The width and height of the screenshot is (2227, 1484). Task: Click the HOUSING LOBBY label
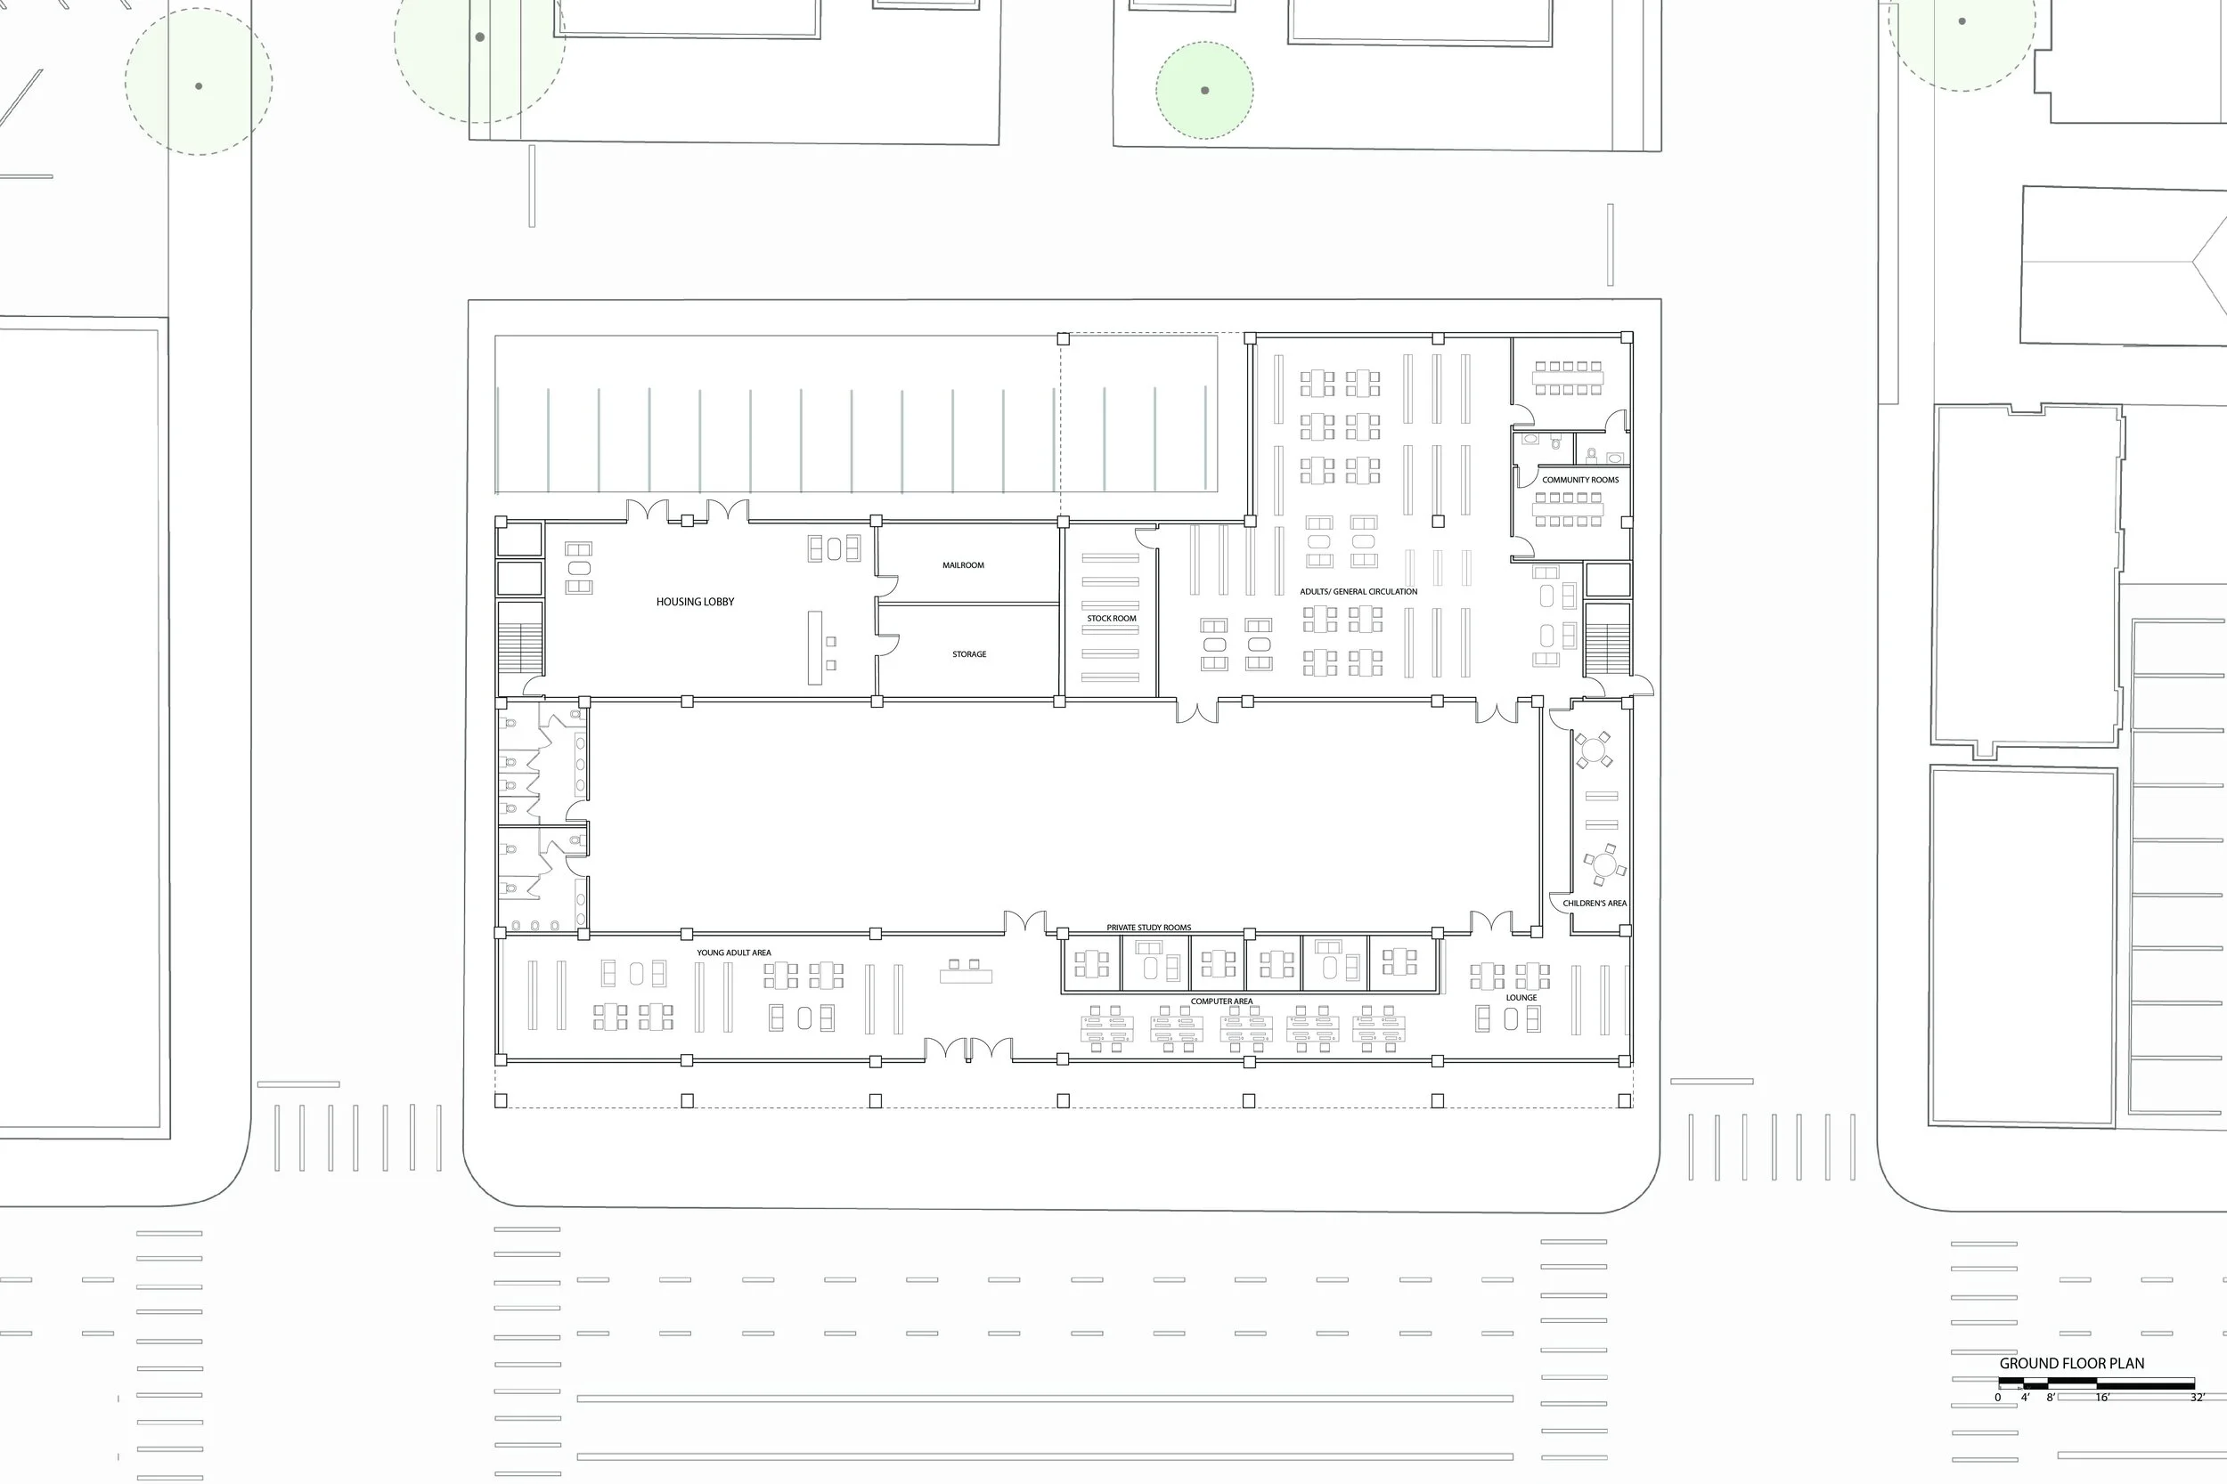tap(695, 602)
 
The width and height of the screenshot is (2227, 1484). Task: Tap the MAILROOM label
tap(963, 565)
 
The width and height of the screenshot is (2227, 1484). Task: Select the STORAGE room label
tap(968, 654)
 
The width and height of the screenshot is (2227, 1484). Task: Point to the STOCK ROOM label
tap(1111, 618)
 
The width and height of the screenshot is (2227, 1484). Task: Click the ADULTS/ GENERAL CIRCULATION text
tap(1358, 591)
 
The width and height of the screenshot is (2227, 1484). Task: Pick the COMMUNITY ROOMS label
tap(1580, 480)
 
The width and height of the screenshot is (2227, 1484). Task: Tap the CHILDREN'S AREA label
tap(1595, 903)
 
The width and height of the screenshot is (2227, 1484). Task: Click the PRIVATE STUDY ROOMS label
tap(1148, 928)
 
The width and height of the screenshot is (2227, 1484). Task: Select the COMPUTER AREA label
tap(1221, 1001)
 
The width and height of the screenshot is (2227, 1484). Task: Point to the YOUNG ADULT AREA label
tap(734, 953)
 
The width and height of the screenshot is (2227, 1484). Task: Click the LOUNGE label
tap(1521, 998)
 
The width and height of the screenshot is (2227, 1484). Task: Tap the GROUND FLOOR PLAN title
tap(2072, 1364)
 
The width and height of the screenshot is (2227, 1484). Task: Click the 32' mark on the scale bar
tap(2197, 1398)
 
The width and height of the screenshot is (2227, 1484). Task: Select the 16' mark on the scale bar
tap(2102, 1398)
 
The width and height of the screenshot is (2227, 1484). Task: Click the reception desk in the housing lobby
tap(814, 647)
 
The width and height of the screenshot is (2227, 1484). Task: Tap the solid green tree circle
tap(1204, 91)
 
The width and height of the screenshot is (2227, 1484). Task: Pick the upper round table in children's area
tap(1594, 751)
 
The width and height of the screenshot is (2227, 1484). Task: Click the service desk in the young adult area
tap(966, 974)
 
